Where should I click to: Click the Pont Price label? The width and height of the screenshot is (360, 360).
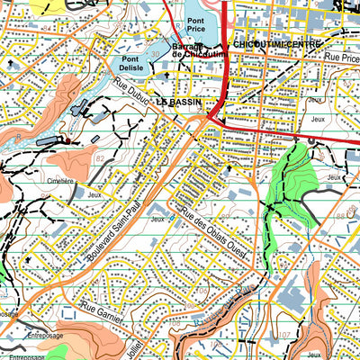[197, 25]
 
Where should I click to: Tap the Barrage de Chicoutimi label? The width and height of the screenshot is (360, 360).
[198, 51]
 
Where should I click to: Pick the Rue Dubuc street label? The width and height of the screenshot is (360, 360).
[131, 95]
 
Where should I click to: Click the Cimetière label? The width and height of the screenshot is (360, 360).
[59, 180]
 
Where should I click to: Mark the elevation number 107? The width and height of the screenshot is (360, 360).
[283, 335]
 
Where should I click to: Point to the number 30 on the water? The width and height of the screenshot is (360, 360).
[156, 54]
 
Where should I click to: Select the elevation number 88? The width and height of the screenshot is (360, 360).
[341, 215]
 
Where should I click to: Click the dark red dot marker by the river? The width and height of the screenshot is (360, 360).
[67, 140]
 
